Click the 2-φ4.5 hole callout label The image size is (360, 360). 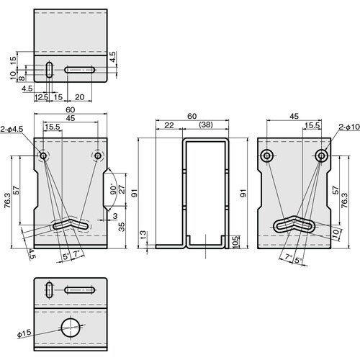tap(12, 129)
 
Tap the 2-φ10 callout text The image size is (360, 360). tap(349, 127)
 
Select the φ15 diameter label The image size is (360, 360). tap(24, 333)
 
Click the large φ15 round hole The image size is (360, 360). tap(71, 328)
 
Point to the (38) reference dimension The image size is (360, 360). tap(206, 125)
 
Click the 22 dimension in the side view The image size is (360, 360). tap(169, 125)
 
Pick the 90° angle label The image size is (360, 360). tap(113, 189)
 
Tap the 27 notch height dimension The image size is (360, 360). tap(122, 189)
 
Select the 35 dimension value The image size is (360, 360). tap(122, 227)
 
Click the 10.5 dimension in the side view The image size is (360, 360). tap(235, 242)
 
